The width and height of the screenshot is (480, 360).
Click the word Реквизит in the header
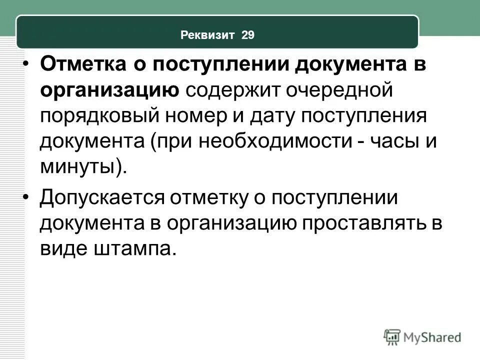208,35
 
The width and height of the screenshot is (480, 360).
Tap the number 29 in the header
247,35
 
